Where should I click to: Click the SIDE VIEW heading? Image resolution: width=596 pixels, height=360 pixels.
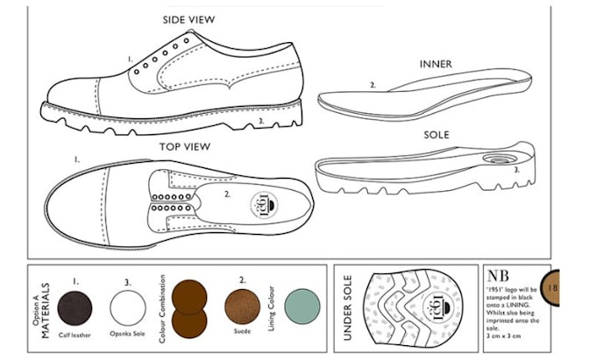coord(188,19)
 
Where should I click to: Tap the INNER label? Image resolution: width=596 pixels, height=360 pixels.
coord(436,65)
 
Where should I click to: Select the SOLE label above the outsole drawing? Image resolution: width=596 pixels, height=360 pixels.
coord(436,137)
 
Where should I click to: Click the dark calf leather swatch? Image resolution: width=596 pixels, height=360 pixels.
coord(74,307)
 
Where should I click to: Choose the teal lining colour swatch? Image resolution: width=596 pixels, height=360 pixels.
coord(303,306)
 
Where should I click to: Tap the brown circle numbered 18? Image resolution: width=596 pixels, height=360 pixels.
coord(550,286)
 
